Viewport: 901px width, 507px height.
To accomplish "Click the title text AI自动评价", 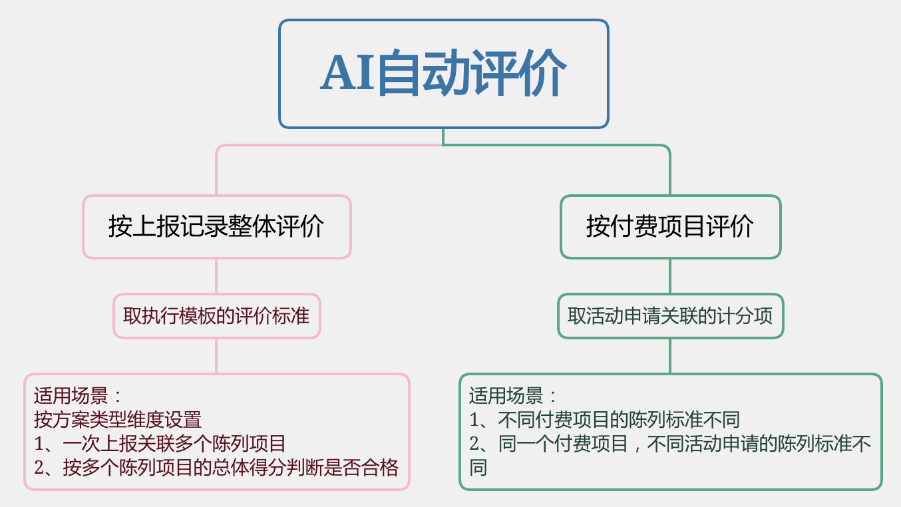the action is (x=443, y=73).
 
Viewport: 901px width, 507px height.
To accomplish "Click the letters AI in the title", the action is (x=347, y=73).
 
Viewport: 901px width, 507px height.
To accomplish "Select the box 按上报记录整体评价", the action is (x=217, y=227).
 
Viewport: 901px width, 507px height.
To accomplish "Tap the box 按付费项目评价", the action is (x=671, y=227).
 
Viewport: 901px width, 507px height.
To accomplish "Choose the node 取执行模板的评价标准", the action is (x=217, y=316).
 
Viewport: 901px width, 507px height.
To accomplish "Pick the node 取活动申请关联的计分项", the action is (x=671, y=316).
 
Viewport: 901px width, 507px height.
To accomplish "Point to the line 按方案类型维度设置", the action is (x=118, y=420).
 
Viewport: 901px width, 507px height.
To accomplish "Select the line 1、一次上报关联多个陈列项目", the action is (x=160, y=444).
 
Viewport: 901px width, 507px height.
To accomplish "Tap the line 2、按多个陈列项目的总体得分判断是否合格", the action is (x=216, y=468).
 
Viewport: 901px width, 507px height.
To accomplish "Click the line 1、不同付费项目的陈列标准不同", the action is (x=605, y=420).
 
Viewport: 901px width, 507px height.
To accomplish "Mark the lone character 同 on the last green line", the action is (x=478, y=468).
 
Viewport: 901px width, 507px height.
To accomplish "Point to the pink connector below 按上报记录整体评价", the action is (x=216, y=276).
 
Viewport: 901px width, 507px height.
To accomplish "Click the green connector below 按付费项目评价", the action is (x=670, y=276).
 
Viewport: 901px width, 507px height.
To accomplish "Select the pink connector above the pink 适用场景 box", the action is (x=216, y=356).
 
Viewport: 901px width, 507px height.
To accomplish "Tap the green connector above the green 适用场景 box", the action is (x=670, y=356).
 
